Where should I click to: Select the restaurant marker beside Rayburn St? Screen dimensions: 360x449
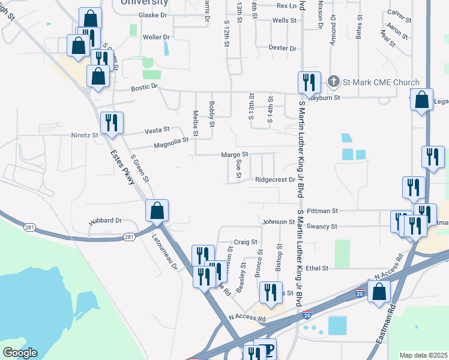click(x=309, y=83)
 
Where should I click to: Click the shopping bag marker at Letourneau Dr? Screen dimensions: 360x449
click(x=157, y=211)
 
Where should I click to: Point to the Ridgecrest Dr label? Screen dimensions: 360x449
click(x=275, y=179)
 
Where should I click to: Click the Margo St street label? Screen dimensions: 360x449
click(x=235, y=155)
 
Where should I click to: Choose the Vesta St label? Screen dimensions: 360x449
click(x=158, y=130)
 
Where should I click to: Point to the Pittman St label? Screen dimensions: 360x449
click(x=322, y=211)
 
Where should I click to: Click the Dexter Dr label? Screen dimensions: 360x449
click(x=283, y=48)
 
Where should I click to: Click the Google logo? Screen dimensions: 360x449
click(x=20, y=353)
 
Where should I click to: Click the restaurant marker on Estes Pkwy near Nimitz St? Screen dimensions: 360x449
click(x=111, y=123)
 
